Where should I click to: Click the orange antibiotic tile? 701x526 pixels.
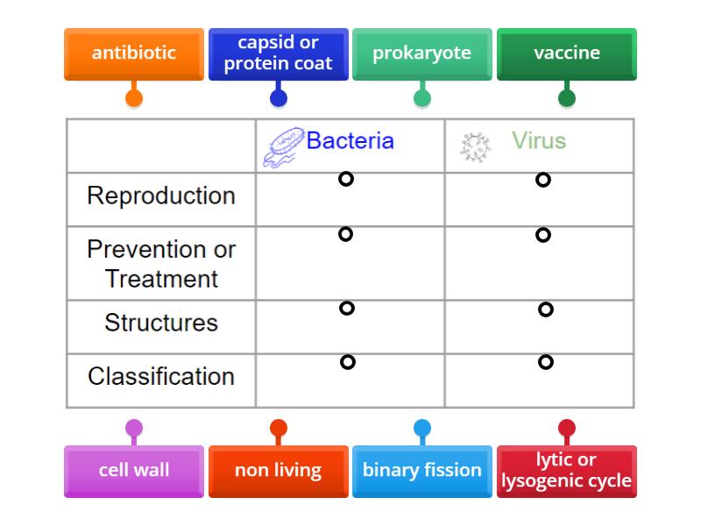pyautogui.click(x=134, y=53)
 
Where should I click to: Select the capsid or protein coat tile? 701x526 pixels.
pyautogui.click(x=278, y=53)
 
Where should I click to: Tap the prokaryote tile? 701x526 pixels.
pyautogui.click(x=421, y=53)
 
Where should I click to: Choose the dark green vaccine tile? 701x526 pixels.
pyautogui.click(x=566, y=53)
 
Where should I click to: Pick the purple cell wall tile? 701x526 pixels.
pyautogui.click(x=134, y=471)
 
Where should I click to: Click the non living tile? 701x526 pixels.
pyautogui.click(x=278, y=471)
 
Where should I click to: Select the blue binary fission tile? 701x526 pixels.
pyautogui.click(x=421, y=471)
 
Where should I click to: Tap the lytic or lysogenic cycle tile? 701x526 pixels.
pyautogui.click(x=566, y=471)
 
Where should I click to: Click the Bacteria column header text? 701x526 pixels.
pyautogui.click(x=350, y=140)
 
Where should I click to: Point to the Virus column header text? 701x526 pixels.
pyautogui.click(x=539, y=140)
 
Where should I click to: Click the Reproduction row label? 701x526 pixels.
pyautogui.click(x=161, y=195)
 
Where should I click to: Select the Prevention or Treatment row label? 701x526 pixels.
pyautogui.click(x=161, y=264)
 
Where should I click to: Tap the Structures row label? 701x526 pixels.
pyautogui.click(x=161, y=323)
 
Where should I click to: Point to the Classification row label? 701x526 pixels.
pyautogui.click(x=161, y=376)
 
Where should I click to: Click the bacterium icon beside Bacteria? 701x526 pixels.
pyautogui.click(x=282, y=147)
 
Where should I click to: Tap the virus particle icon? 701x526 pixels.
pyautogui.click(x=475, y=146)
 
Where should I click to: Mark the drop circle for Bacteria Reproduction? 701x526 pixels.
pyautogui.click(x=346, y=179)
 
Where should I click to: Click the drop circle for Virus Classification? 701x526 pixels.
pyautogui.click(x=545, y=362)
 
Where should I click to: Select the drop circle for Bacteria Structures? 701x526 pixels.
pyautogui.click(x=347, y=308)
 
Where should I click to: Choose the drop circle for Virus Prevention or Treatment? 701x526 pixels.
pyautogui.click(x=543, y=235)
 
